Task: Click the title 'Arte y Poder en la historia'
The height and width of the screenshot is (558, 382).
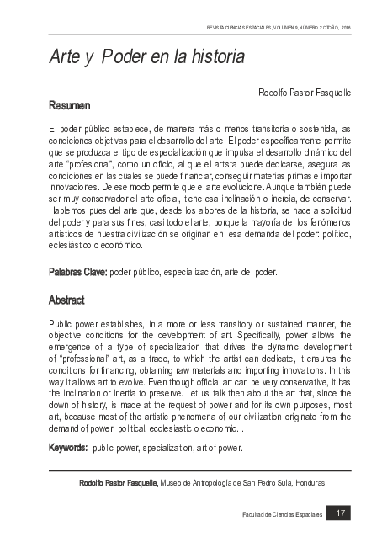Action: tap(146, 59)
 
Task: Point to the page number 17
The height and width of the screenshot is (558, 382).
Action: tap(341, 513)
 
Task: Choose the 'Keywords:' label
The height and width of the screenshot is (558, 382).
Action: tap(69, 448)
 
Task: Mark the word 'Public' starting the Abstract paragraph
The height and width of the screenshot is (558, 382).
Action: tap(61, 322)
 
